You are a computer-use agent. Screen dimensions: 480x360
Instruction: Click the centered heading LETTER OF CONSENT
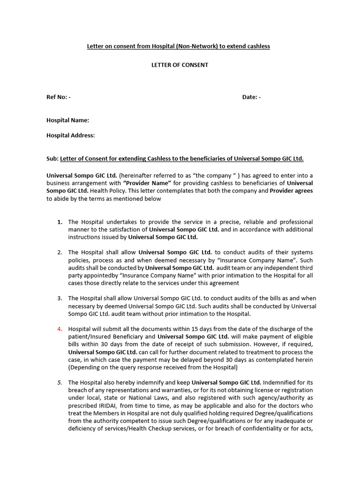pyautogui.click(x=179, y=65)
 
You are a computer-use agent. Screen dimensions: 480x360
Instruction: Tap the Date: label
pyautogui.click(x=251, y=97)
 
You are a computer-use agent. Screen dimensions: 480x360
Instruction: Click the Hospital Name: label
pyautogui.click(x=67, y=120)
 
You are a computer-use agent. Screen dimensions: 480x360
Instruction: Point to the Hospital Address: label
pyautogui.click(x=70, y=135)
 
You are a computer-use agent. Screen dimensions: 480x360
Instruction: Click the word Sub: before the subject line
pyautogui.click(x=52, y=159)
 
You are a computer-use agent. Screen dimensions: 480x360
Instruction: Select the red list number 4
pyautogui.click(x=60, y=329)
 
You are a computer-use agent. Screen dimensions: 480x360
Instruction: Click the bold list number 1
pyautogui.click(x=60, y=222)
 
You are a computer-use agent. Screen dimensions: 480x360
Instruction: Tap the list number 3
pyautogui.click(x=60, y=298)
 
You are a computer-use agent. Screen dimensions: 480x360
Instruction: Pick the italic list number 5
pyautogui.click(x=60, y=382)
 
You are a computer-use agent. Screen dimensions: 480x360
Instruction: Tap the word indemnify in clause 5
pyautogui.click(x=144, y=382)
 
